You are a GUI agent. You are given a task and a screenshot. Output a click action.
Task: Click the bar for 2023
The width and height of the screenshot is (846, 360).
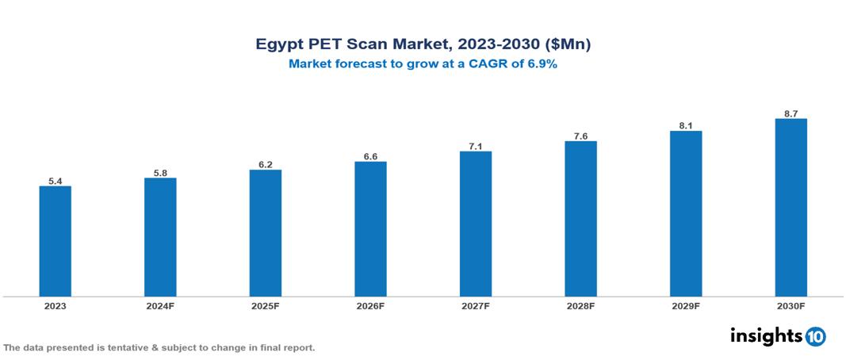click(x=55, y=241)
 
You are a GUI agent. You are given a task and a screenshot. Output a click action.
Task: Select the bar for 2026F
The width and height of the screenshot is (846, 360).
click(x=370, y=229)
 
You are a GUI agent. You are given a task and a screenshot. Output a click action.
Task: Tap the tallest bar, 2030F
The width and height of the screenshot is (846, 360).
click(x=790, y=208)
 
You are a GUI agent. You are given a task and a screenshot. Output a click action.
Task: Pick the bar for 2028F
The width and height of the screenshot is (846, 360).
click(x=580, y=219)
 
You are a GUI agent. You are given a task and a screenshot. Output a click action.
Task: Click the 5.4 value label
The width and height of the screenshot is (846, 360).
click(x=55, y=181)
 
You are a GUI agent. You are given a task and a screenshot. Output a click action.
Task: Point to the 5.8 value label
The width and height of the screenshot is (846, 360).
click(x=160, y=172)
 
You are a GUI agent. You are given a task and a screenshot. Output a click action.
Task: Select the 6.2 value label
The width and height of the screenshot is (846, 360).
click(x=265, y=164)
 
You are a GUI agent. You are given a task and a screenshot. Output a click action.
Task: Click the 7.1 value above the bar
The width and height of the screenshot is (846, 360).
click(x=476, y=146)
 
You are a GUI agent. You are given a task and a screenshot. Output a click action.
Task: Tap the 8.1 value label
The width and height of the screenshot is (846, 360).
click(x=686, y=125)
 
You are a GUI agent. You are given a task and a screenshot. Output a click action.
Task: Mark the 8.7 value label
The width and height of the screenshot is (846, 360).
click(x=790, y=113)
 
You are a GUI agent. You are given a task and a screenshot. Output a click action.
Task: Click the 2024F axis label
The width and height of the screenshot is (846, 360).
click(x=160, y=305)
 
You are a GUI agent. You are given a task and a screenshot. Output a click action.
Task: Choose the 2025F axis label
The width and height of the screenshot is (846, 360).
click(x=265, y=305)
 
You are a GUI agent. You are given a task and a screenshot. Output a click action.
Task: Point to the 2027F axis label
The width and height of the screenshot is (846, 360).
click(x=476, y=305)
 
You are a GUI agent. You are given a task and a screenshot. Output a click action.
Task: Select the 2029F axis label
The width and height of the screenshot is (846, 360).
click(x=686, y=305)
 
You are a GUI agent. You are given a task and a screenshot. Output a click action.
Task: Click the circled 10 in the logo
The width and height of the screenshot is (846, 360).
click(x=815, y=336)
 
